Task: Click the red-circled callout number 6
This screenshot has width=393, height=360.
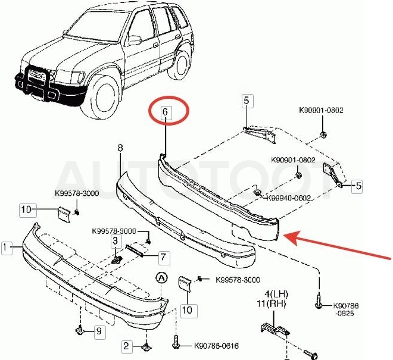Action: point(165,112)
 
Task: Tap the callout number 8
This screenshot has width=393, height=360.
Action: point(120,148)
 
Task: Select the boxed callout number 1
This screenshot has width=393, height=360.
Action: point(6,248)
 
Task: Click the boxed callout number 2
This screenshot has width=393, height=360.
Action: point(126,346)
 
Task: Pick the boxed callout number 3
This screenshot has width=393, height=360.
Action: point(115,241)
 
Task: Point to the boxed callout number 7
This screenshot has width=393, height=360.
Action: point(163,258)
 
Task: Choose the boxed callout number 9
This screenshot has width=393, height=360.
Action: point(99,331)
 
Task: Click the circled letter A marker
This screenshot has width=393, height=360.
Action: point(161,277)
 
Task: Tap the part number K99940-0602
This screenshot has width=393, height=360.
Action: point(288,198)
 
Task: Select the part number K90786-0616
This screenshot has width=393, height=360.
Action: point(217,346)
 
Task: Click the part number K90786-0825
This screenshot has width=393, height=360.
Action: point(345,309)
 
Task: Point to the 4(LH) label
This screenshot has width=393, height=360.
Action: point(276,293)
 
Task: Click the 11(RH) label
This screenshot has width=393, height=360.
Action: point(271,304)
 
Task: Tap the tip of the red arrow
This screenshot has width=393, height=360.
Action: point(284,235)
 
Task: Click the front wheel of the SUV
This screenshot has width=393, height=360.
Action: point(101,96)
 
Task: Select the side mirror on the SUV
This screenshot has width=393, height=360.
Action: point(135,40)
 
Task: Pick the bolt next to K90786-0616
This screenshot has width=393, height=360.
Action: point(176,342)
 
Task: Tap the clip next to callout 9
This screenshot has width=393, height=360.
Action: point(80,330)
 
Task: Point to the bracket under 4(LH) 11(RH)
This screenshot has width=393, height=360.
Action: point(275,328)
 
